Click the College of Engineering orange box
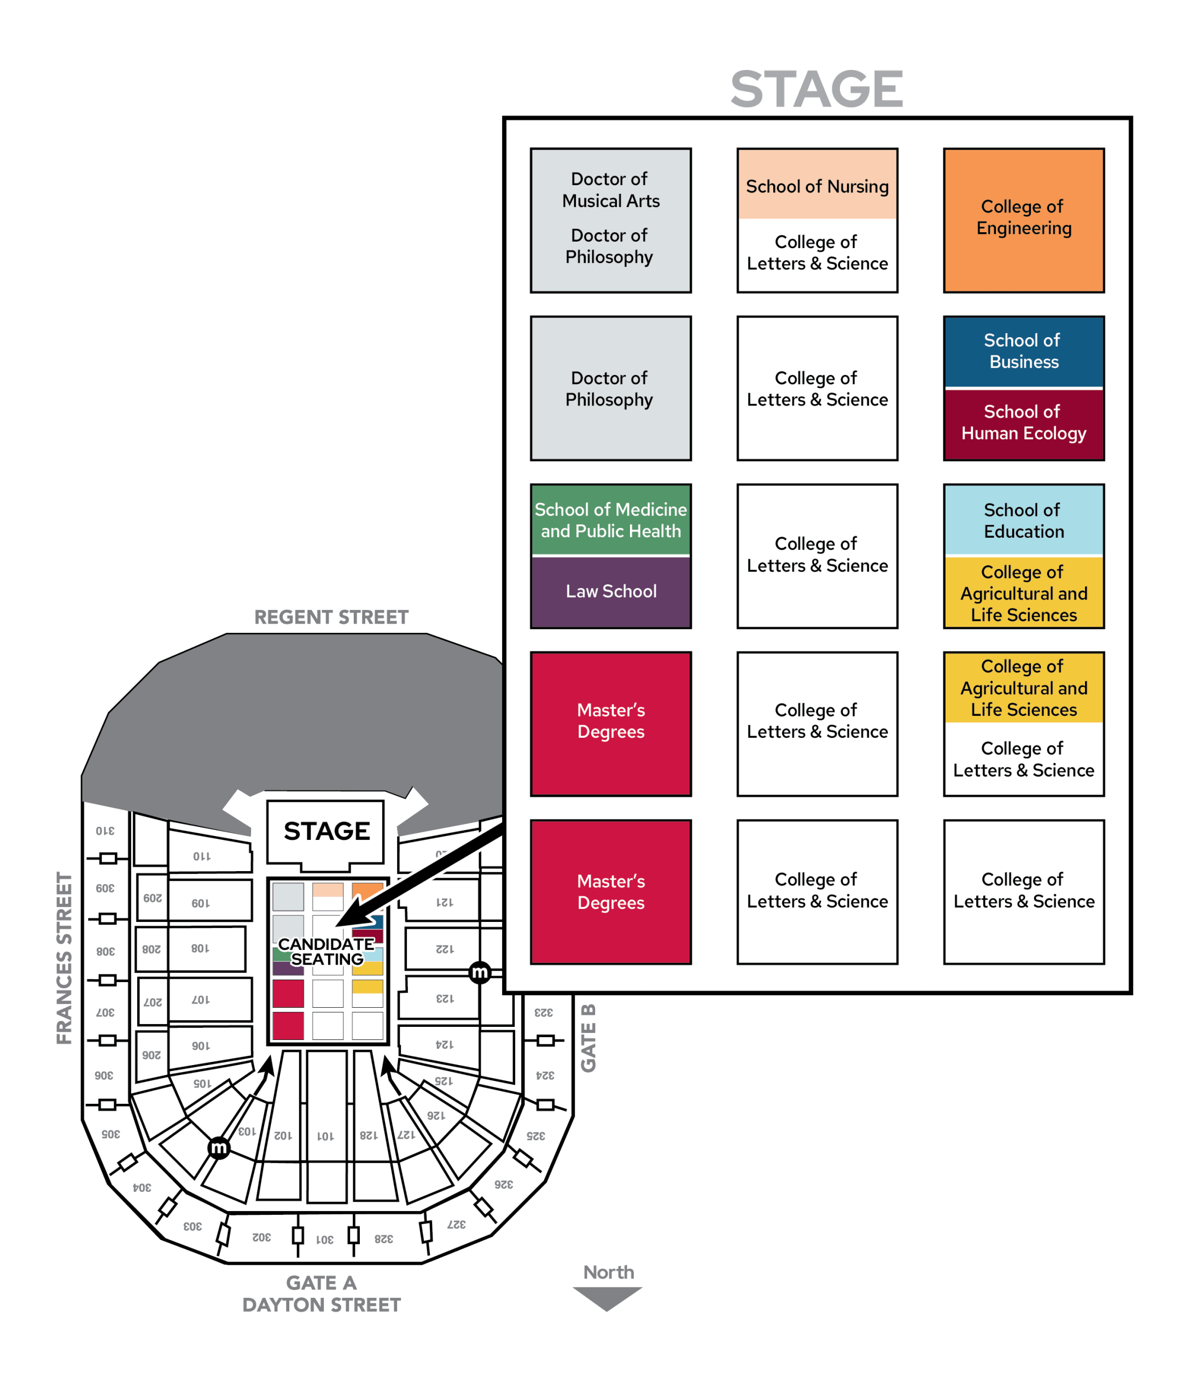[1023, 220]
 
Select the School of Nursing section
[817, 184]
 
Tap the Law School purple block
[610, 591]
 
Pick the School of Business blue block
[1023, 351]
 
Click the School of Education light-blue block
[1023, 520]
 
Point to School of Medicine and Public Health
[610, 520]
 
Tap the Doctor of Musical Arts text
[610, 190]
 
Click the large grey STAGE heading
[816, 89]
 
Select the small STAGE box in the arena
[326, 832]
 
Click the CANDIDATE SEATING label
[326, 951]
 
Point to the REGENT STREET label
[331, 617]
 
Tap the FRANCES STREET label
[64, 958]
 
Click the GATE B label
[588, 1038]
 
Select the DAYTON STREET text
[321, 1304]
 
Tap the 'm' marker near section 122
[480, 972]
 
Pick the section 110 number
[202, 856]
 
